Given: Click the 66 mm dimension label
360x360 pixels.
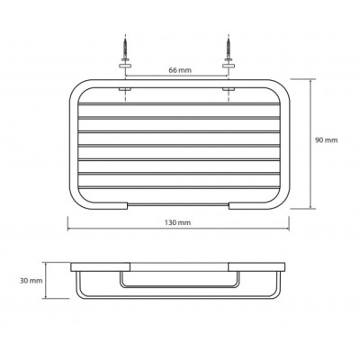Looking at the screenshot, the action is click(x=180, y=70).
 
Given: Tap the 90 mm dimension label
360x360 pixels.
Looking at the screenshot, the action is click(x=326, y=140).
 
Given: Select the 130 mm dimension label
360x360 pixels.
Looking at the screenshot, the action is click(x=177, y=222).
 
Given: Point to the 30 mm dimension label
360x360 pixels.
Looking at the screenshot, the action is click(x=31, y=281).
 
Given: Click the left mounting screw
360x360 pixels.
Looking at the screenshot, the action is click(x=125, y=47).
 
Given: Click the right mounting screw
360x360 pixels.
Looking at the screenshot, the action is click(x=229, y=47).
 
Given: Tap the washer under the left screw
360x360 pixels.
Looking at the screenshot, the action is click(x=125, y=66).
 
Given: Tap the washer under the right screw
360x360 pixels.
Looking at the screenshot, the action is click(x=229, y=66).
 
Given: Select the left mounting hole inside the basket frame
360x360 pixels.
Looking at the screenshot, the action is click(x=125, y=89).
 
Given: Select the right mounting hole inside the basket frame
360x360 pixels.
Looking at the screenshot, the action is click(x=229, y=89).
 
